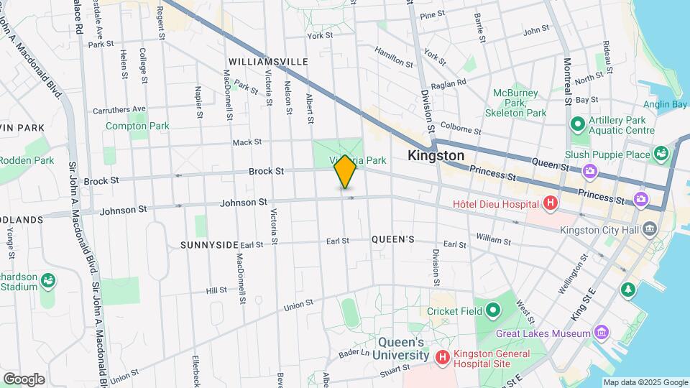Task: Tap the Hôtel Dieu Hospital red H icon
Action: click(x=551, y=203)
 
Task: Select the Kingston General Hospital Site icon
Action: click(x=442, y=356)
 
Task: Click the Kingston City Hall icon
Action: click(x=650, y=230)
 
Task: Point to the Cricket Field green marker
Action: click(x=492, y=311)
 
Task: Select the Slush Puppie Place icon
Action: click(x=660, y=154)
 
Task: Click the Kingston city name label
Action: click(x=436, y=156)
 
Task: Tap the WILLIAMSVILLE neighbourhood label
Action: click(x=268, y=62)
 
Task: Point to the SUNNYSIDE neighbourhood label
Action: click(x=209, y=245)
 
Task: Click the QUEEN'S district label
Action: click(x=392, y=239)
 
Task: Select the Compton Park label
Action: click(x=137, y=126)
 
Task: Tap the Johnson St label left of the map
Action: click(x=123, y=210)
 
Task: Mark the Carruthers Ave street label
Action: click(x=119, y=110)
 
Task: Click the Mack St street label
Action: click(x=247, y=142)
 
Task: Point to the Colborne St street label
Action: click(x=460, y=129)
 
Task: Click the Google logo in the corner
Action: click(x=24, y=379)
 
